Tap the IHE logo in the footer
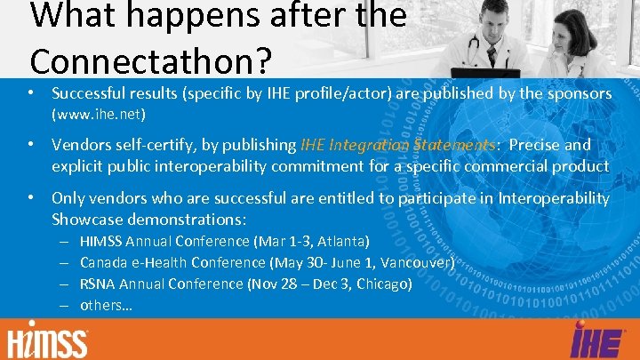coord(590,341)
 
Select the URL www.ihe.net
coord(99,114)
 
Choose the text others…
coord(106,305)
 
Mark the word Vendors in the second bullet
coord(80,145)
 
